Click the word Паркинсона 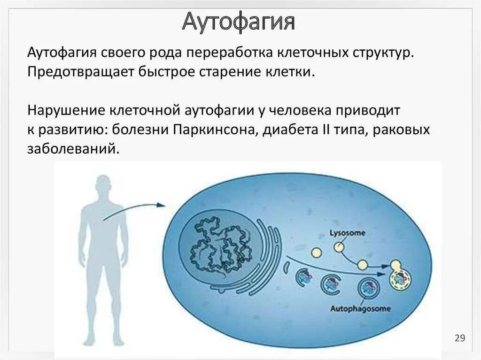(x=213, y=130)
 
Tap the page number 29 (x=459, y=338)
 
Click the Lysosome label (x=347, y=233)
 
